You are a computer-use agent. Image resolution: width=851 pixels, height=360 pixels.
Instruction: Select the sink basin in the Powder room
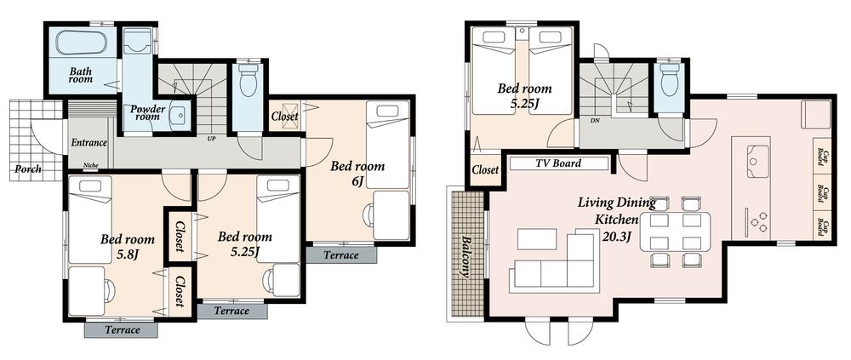coord(179,117)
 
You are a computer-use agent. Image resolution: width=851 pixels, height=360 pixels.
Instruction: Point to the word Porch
coord(29,169)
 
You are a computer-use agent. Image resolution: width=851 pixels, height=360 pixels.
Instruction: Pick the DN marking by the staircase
coord(593,121)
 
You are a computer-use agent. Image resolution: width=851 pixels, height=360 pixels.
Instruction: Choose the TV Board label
coord(559,163)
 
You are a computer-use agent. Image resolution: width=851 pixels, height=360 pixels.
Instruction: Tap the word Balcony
coord(465,256)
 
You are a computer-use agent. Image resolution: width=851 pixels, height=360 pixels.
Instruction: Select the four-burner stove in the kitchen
coord(754,220)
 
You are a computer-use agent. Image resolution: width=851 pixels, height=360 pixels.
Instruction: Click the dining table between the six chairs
coord(678,231)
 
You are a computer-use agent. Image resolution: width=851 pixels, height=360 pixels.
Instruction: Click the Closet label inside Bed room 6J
coord(284,117)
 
